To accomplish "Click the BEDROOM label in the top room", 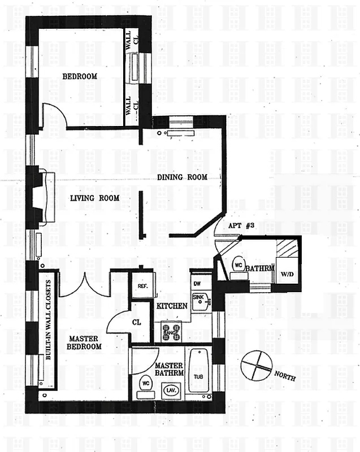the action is (79, 76).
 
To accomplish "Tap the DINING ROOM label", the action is (181, 177).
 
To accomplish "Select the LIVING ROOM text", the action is (94, 198).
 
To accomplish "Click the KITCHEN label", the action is (172, 306).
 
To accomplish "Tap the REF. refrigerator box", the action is (142, 286).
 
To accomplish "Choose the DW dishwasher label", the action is (197, 284).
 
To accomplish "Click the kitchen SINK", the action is (198, 301).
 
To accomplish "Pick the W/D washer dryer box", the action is (288, 274).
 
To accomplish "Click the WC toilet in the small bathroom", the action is (237, 264).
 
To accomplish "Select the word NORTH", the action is (284, 376).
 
